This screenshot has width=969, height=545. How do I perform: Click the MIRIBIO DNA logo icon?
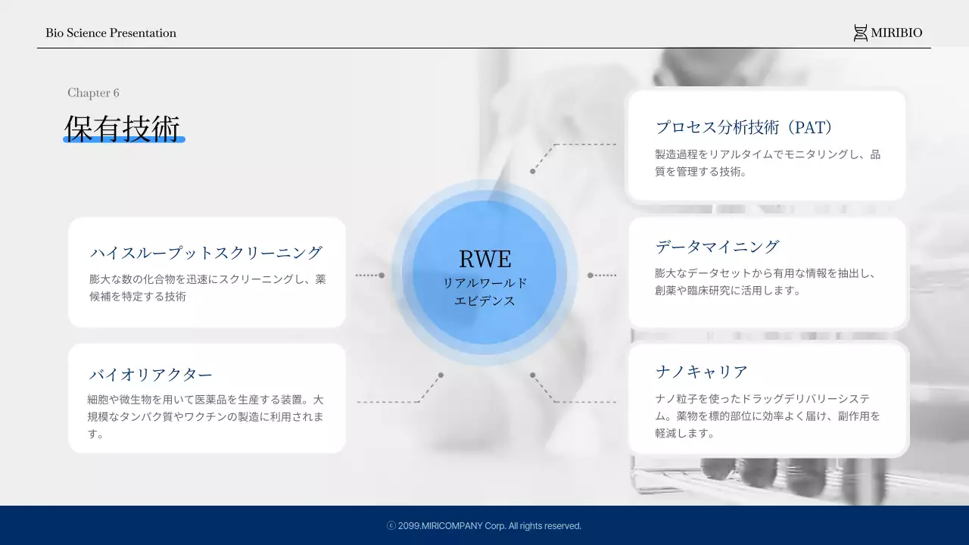(x=860, y=33)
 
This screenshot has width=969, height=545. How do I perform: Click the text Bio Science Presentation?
(x=111, y=33)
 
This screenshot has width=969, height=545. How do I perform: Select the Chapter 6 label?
(x=93, y=92)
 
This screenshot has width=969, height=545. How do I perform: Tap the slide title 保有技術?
(x=123, y=126)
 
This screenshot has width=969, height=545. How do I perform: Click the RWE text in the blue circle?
(x=484, y=259)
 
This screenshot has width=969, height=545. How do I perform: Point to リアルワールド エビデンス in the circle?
(x=484, y=291)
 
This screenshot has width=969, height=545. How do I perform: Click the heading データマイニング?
(x=717, y=246)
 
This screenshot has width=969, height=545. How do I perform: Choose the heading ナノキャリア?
(x=701, y=372)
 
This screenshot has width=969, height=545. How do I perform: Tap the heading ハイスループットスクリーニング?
(x=206, y=252)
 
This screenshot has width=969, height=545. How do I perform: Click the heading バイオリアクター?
(x=151, y=374)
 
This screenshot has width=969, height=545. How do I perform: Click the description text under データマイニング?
(x=765, y=282)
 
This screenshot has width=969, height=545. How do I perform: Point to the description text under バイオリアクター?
(x=206, y=416)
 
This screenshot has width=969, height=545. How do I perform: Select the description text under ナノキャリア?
(x=767, y=416)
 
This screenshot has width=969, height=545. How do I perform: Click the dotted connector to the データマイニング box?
(x=603, y=276)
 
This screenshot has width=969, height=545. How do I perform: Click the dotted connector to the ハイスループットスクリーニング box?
(x=369, y=276)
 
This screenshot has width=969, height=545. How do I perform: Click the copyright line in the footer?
(x=484, y=525)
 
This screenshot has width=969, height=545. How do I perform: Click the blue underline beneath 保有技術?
(x=123, y=140)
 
